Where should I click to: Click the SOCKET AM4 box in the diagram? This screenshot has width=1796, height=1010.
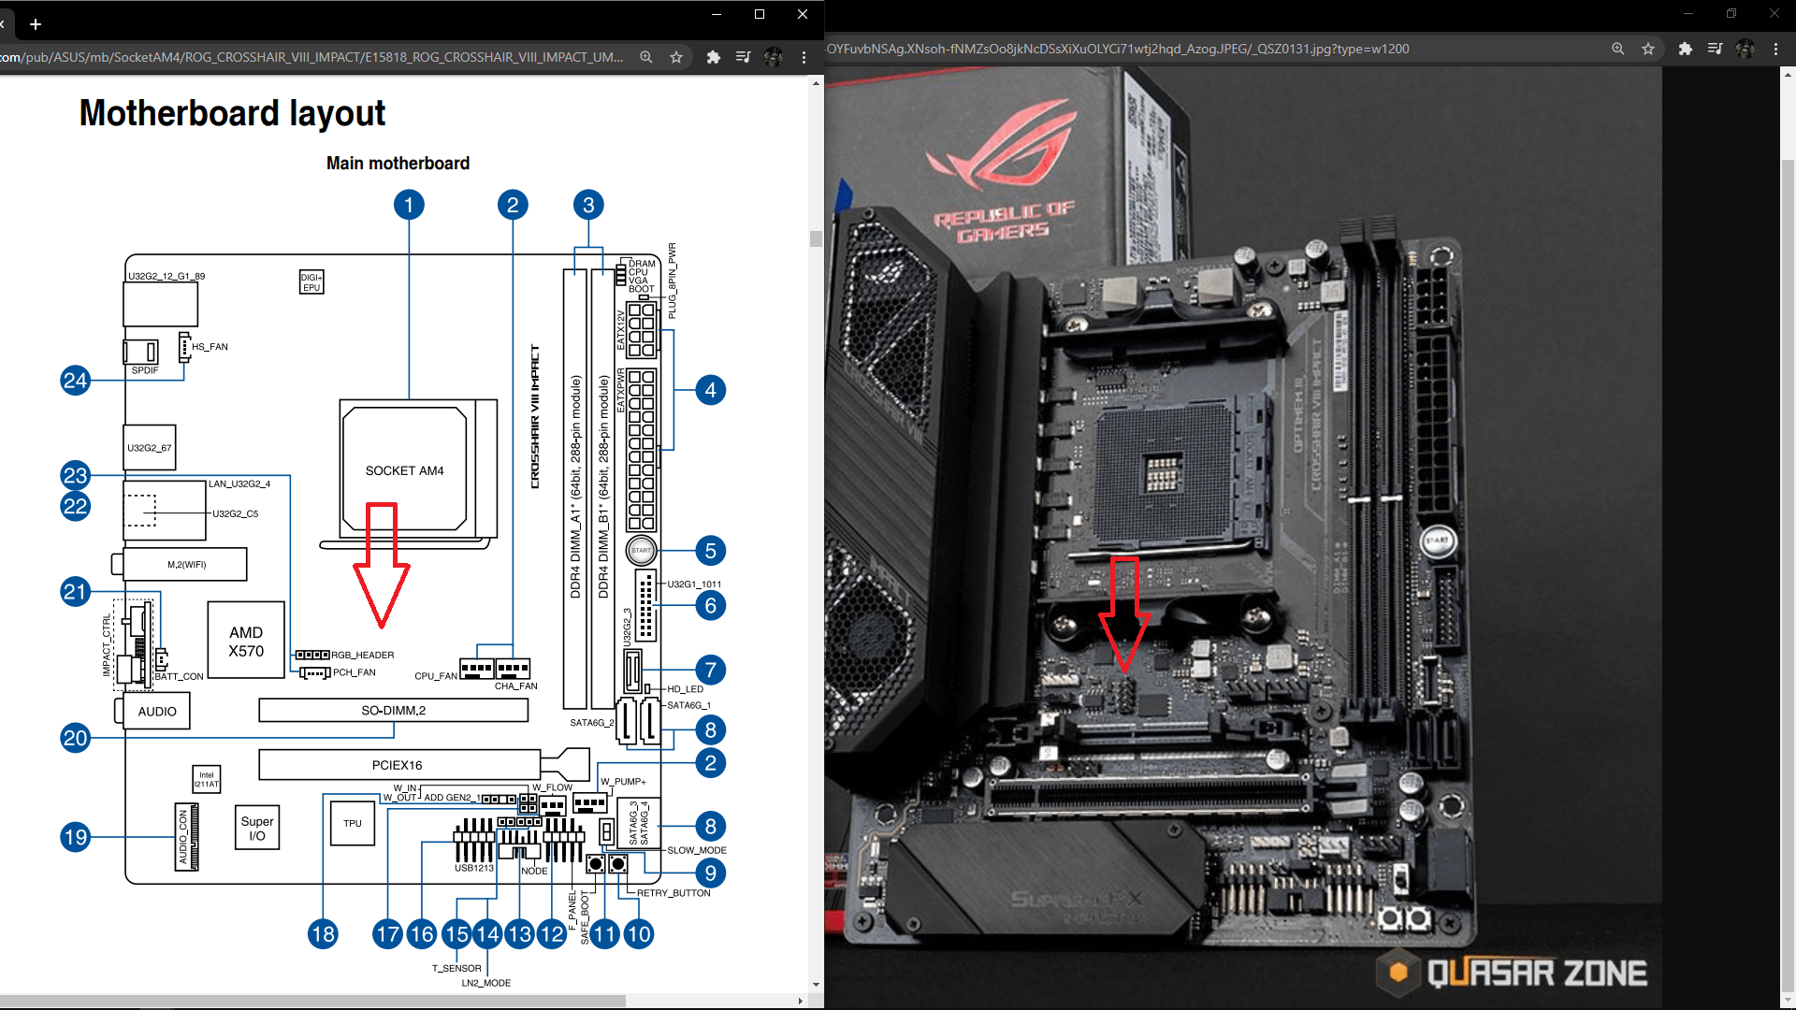tap(404, 470)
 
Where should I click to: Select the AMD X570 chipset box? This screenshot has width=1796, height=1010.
tap(246, 642)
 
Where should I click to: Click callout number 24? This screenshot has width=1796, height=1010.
tap(76, 381)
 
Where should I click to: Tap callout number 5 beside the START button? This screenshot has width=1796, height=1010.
tap(711, 551)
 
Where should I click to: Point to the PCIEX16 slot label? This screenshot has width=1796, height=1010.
tap(398, 765)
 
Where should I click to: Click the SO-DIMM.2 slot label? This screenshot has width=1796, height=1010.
tap(393, 711)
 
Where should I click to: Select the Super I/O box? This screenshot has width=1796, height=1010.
tap(257, 829)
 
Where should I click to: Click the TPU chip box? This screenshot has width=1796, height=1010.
tap(353, 824)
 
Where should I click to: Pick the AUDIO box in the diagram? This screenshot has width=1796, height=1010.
tap(157, 712)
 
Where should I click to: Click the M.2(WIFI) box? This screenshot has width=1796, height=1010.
tap(186, 565)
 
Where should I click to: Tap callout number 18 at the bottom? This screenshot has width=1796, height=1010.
tap(324, 933)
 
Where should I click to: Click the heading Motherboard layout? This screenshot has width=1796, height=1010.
tap(232, 113)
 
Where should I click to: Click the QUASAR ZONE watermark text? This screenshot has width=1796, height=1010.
tap(1536, 974)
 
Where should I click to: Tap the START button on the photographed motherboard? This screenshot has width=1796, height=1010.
tap(1437, 541)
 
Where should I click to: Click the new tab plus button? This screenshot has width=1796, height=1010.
tap(36, 24)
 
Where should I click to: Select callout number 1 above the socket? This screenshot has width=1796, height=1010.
tap(409, 205)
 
